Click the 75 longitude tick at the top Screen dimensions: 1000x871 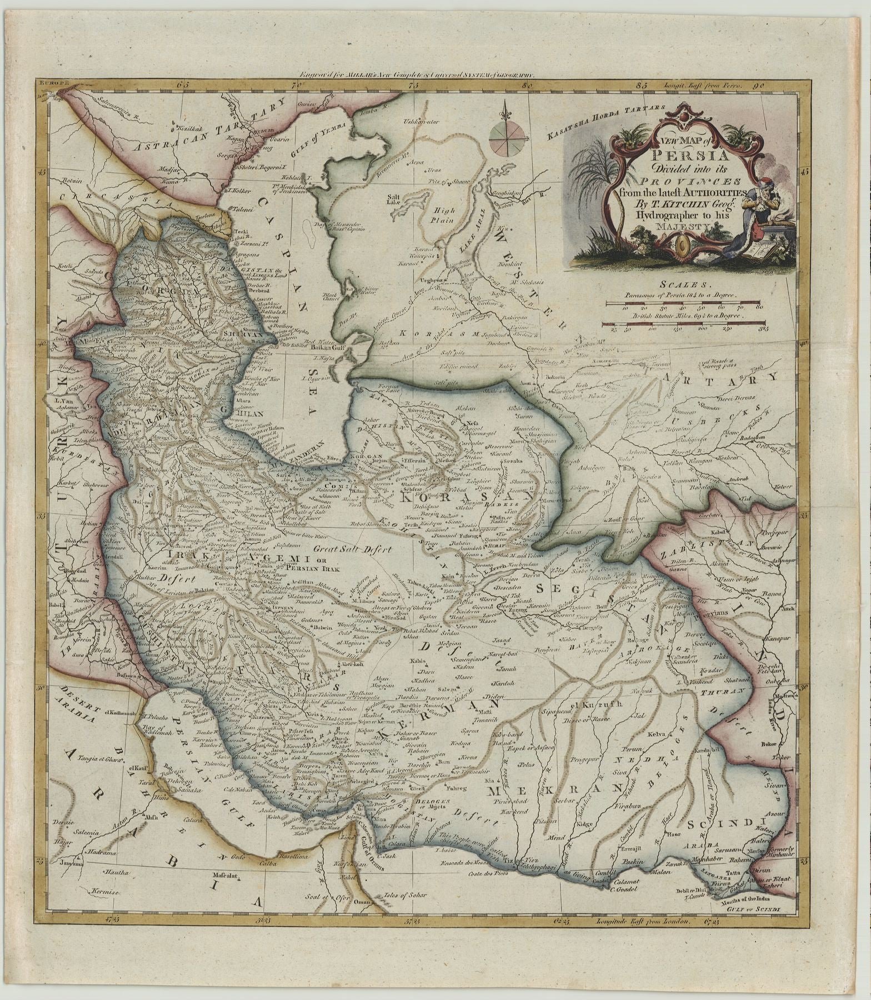tap(412, 86)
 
